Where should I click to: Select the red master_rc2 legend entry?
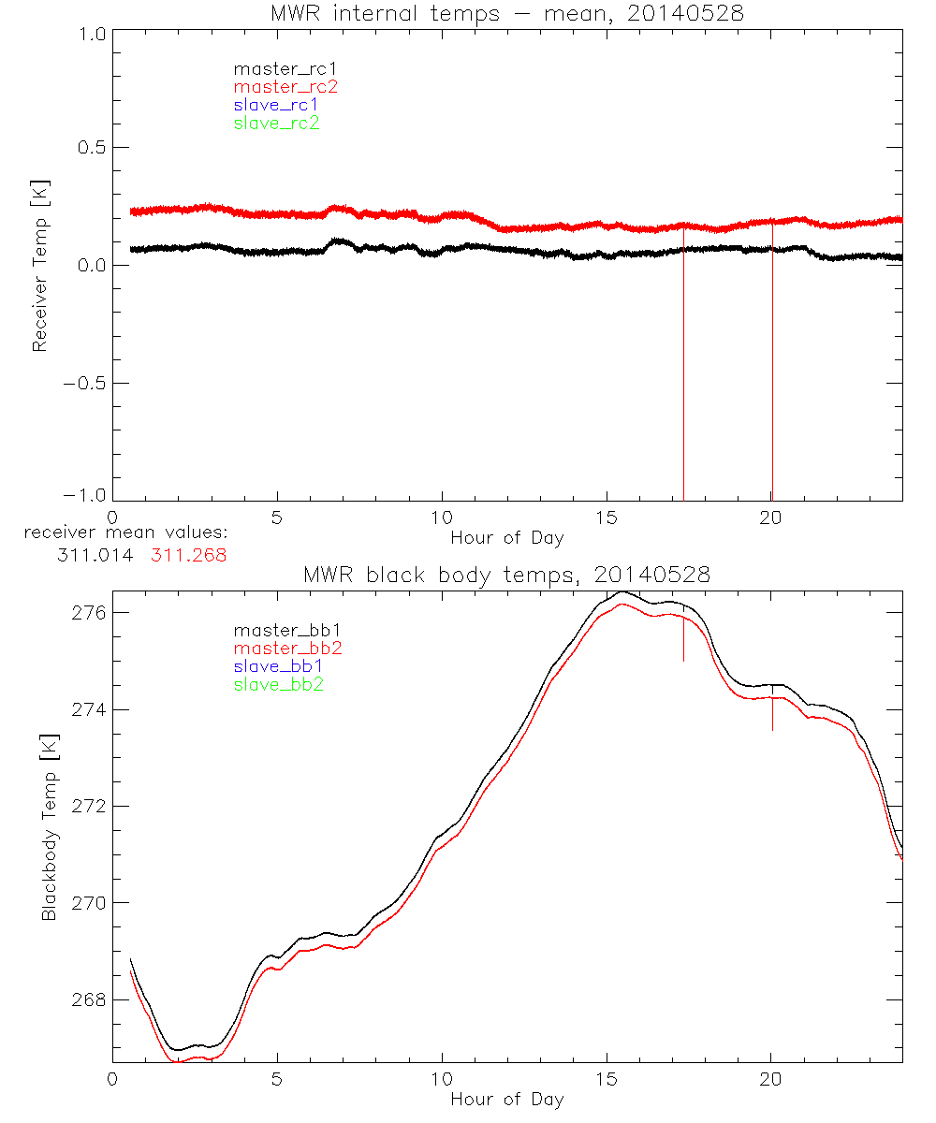(285, 86)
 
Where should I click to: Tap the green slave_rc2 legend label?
(276, 123)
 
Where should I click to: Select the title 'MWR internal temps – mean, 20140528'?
(507, 14)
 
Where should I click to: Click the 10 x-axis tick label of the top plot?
(442, 518)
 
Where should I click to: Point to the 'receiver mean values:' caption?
(126, 533)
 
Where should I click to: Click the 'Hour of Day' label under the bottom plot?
(507, 1100)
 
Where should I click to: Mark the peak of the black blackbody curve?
(622, 591)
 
